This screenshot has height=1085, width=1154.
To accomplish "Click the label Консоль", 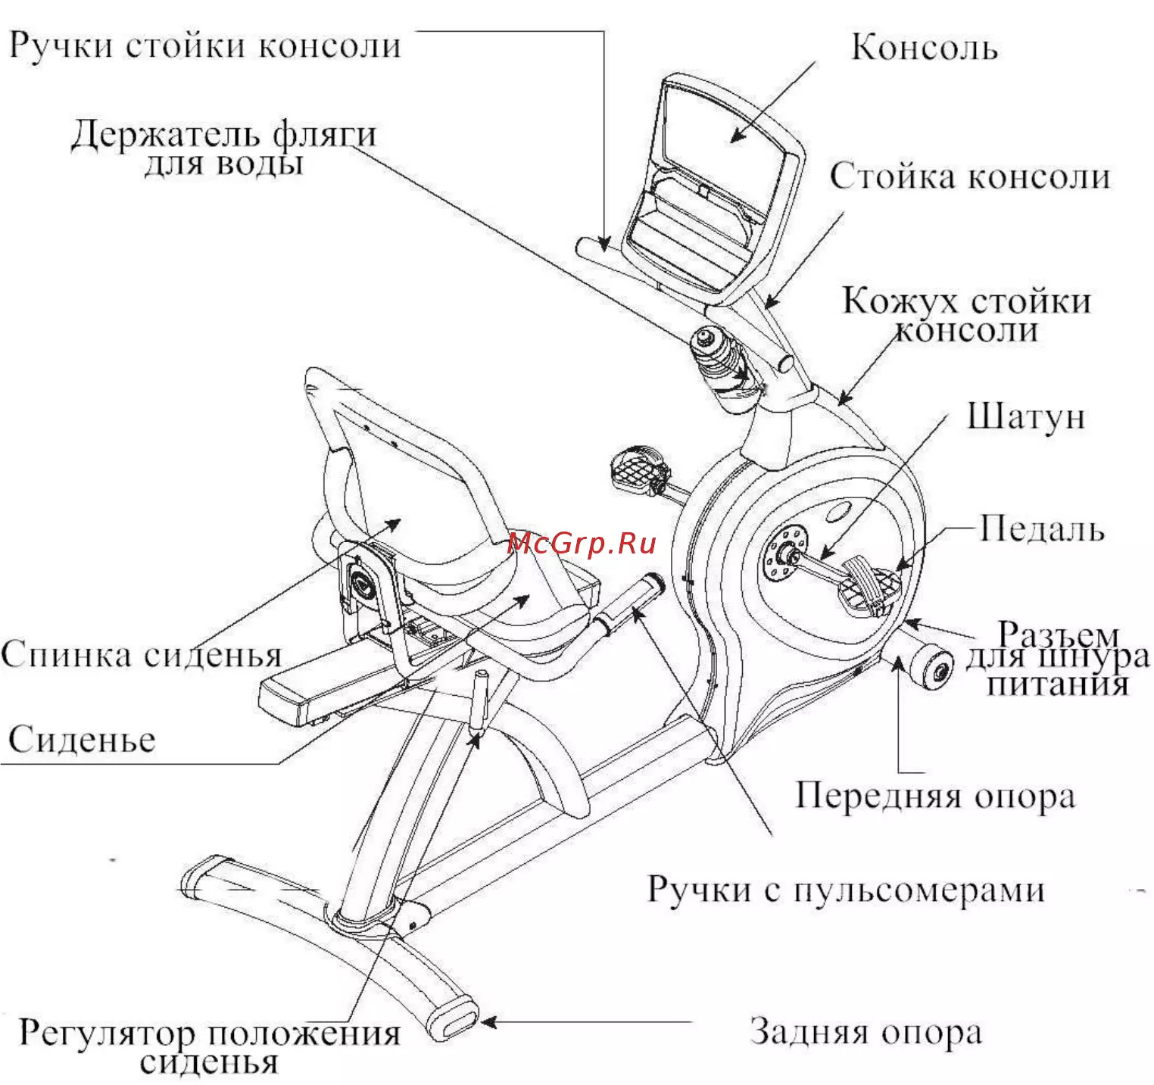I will tap(924, 47).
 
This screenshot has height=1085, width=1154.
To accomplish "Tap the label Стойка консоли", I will tap(969, 176).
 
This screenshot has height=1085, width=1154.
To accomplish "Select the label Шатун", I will tap(1026, 416).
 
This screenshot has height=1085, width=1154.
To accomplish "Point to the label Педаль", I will tap(1042, 528).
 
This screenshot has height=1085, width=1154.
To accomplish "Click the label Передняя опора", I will tap(935, 796).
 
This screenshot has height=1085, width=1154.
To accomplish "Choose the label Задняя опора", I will tap(865, 1031).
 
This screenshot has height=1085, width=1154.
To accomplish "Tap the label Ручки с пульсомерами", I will tap(846, 889).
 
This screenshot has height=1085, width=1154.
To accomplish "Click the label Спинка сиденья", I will tap(141, 654).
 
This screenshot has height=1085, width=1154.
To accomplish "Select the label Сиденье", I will tap(82, 739).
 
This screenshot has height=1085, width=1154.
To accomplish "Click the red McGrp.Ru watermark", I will tap(581, 543).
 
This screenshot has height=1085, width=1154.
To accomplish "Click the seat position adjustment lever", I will tap(480, 700).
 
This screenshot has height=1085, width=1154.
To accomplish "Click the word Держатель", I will tap(165, 136).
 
